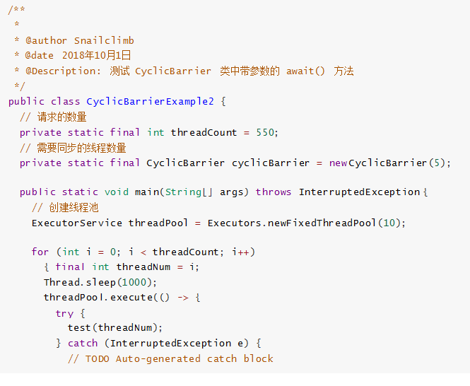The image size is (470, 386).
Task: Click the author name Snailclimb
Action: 104,40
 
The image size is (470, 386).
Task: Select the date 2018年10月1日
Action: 96,55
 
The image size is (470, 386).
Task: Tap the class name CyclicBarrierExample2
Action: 150,101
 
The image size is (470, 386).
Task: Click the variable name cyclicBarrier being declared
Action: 271,163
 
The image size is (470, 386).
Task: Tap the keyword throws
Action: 274,192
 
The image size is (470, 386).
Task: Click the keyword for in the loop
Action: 40,252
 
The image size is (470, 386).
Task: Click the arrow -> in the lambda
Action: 182,297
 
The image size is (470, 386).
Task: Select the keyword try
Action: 64,312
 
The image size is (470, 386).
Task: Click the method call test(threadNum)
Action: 115,327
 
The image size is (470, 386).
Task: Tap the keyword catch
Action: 83,343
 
